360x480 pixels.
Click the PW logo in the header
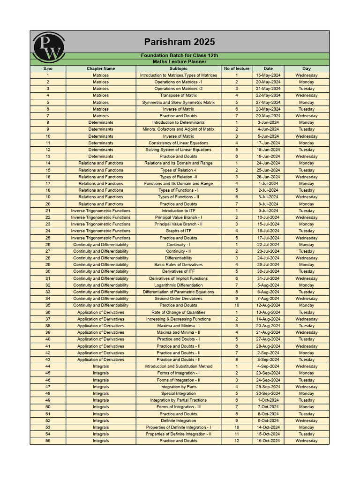[46, 47]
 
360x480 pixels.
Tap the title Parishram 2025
[179, 42]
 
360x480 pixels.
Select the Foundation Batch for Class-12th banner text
[179, 56]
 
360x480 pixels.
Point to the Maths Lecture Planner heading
[179, 62]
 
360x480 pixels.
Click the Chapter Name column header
[100, 68]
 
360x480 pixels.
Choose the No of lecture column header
[236, 68]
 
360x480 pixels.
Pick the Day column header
[306, 68]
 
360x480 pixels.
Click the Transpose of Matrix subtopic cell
[178, 96]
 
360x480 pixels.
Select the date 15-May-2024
[268, 75]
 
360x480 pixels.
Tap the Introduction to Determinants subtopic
[178, 123]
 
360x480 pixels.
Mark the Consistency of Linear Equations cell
[178, 143]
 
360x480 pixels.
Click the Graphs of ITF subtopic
[178, 231]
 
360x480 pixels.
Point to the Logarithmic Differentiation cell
[178, 285]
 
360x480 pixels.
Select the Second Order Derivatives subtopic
[178, 299]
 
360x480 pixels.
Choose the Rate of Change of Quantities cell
[178, 312]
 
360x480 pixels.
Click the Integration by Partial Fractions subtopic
[178, 400]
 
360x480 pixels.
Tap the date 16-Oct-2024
[268, 441]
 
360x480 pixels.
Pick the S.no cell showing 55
[48, 441]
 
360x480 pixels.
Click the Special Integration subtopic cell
[178, 394]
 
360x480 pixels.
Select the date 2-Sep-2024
[268, 353]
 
